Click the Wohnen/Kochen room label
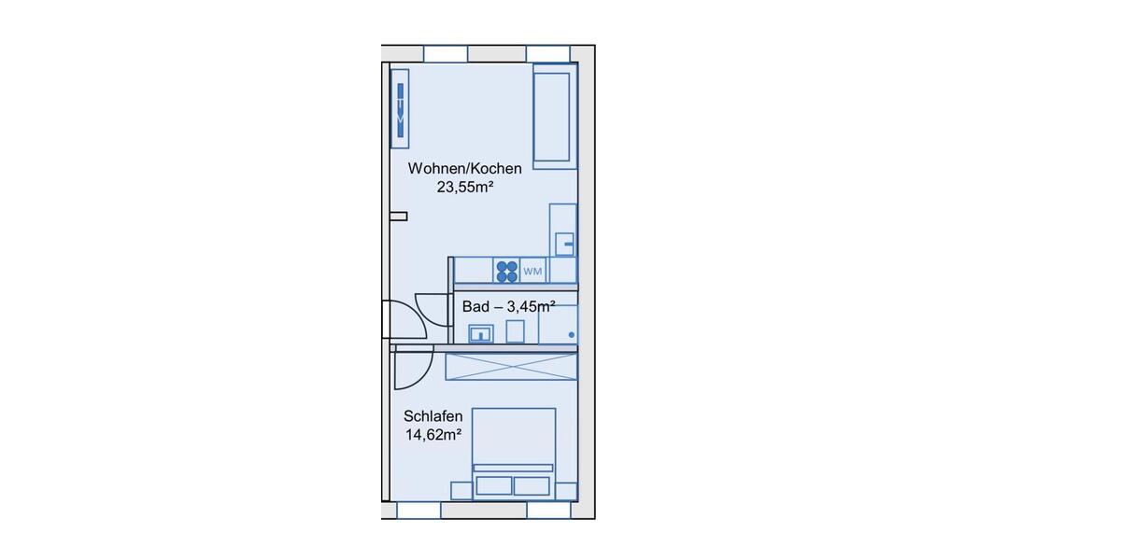coord(464,169)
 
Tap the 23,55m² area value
coord(464,187)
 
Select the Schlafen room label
coord(433,416)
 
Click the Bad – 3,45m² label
coord(508,305)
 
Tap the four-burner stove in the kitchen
coord(506,271)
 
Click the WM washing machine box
coord(532,272)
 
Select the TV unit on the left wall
coord(400,107)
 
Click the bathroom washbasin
coord(481,332)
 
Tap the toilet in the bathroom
coord(516,331)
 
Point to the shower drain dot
coord(571,333)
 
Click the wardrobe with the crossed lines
coord(510,366)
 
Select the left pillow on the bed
coord(494,485)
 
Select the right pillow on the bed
coord(532,485)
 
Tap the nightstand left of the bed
coord(461,490)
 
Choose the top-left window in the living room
coord(446,53)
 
